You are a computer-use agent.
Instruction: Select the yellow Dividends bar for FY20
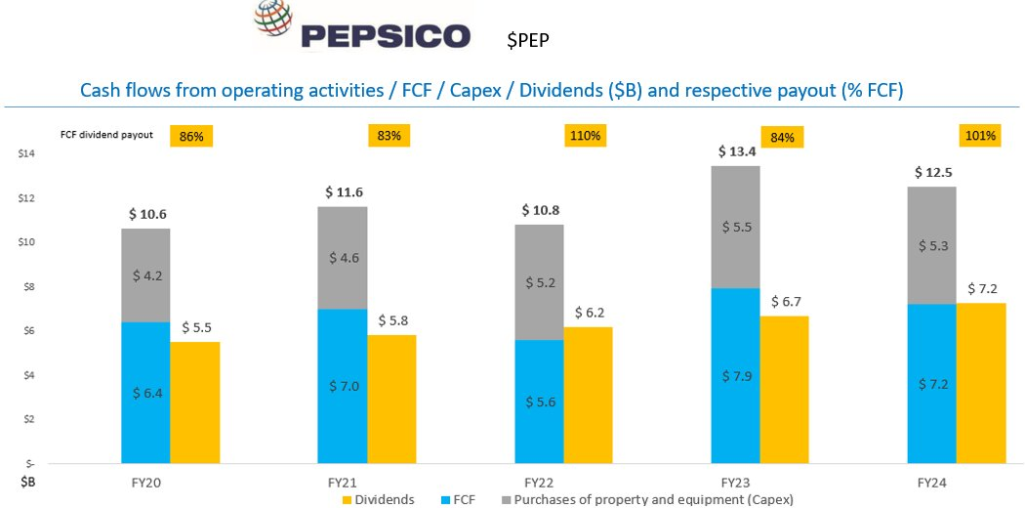(194, 402)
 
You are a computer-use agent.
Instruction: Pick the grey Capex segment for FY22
(538, 282)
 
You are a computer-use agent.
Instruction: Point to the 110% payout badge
(585, 136)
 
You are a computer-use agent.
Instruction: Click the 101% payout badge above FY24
(979, 136)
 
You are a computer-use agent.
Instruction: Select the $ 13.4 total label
(736, 151)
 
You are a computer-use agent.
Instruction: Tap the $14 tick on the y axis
(27, 154)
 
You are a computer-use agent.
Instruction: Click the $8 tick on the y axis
(27, 287)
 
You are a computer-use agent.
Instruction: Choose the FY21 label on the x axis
(343, 482)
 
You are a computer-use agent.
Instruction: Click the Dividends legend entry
(379, 499)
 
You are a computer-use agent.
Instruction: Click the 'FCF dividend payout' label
(114, 136)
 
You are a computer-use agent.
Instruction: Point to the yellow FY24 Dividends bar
(980, 382)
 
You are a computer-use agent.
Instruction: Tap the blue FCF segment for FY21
(343, 386)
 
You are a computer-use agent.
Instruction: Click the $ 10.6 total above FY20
(146, 214)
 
